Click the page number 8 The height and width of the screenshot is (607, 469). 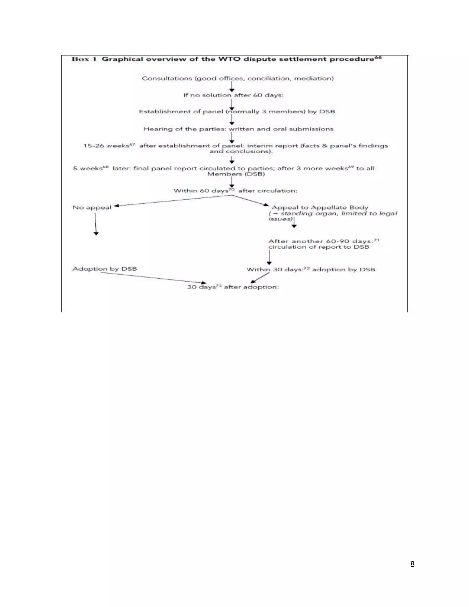pyautogui.click(x=412, y=564)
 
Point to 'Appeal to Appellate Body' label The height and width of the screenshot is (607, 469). pyautogui.click(x=319, y=208)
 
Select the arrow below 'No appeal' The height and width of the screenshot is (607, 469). pyautogui.click(x=95, y=224)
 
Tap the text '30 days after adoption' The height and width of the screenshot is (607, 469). pyautogui.click(x=233, y=287)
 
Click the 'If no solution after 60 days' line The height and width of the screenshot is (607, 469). pyautogui.click(x=233, y=95)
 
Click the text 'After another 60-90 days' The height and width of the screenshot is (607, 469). pyautogui.click(x=321, y=241)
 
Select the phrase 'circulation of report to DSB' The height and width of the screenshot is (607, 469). pyautogui.click(x=319, y=247)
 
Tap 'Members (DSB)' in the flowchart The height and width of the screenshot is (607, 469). pyautogui.click(x=236, y=174)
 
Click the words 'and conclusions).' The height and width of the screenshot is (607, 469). pyautogui.click(x=241, y=151)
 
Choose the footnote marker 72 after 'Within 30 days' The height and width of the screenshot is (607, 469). pyautogui.click(x=306, y=268)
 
